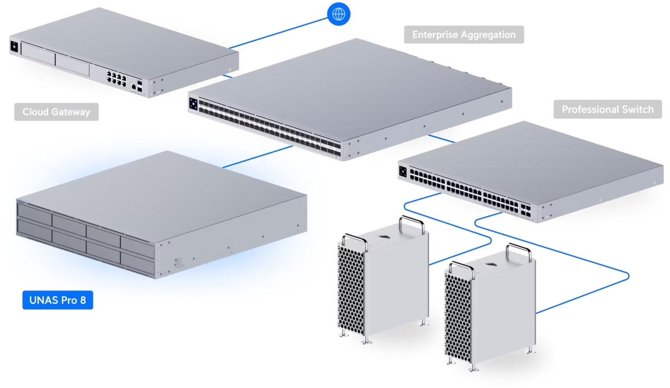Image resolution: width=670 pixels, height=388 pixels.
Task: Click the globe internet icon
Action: (338, 13)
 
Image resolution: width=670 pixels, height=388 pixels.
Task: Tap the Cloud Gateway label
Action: (56, 112)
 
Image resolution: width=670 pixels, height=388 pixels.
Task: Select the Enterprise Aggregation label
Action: (464, 35)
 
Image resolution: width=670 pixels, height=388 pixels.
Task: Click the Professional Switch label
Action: (607, 109)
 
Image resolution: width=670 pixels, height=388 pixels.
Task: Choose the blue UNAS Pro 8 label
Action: (58, 300)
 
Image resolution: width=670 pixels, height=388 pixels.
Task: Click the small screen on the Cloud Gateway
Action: (13, 46)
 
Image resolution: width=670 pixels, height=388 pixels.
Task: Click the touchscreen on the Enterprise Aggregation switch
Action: (194, 104)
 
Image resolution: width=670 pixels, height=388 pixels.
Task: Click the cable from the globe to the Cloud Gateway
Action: (279, 32)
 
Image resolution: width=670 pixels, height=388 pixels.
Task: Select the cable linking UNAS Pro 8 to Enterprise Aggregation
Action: (257, 156)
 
